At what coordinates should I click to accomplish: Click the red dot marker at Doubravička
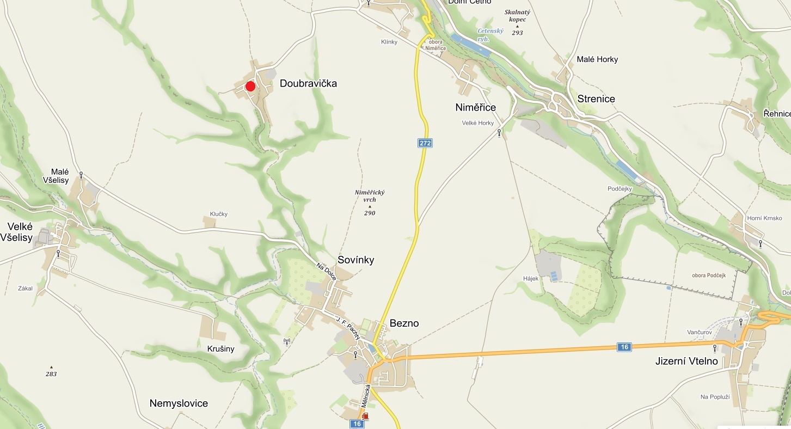[x=250, y=86]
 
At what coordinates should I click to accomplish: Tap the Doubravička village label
[x=308, y=83]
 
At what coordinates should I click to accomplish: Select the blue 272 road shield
[x=425, y=143]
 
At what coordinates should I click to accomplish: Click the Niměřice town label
[x=475, y=107]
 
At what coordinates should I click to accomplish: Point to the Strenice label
[x=596, y=99]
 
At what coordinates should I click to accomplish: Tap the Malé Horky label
[x=597, y=59]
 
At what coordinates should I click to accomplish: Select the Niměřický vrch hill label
[x=370, y=197]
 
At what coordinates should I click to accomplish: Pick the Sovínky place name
[x=355, y=260]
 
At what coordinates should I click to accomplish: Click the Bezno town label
[x=404, y=323]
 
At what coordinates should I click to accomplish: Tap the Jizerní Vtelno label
[x=686, y=361]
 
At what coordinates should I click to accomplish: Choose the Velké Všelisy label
[x=20, y=232]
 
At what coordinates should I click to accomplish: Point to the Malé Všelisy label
[x=60, y=176]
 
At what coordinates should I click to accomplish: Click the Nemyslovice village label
[x=179, y=403]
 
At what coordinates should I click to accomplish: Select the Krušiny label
[x=220, y=349]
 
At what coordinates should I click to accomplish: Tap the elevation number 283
[x=51, y=374]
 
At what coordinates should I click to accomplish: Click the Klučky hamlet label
[x=218, y=214]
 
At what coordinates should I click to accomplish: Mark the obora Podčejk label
[x=709, y=275]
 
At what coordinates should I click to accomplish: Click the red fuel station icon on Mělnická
[x=365, y=416]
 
